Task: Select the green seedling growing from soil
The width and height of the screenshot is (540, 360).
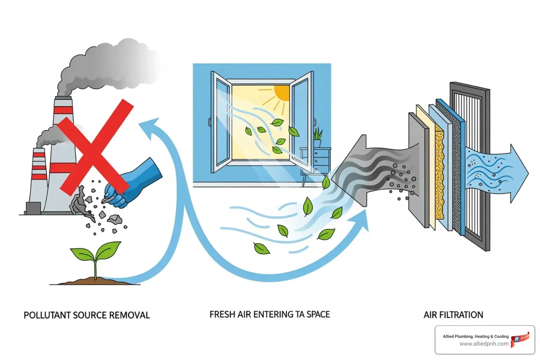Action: pyautogui.click(x=96, y=255)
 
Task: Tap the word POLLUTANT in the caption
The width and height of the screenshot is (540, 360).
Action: pyautogui.click(x=47, y=315)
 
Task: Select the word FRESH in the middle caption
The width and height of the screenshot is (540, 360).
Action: pyautogui.click(x=222, y=314)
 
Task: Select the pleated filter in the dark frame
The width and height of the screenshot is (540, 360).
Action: pyautogui.click(x=469, y=165)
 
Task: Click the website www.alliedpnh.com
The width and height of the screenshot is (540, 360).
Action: pyautogui.click(x=484, y=344)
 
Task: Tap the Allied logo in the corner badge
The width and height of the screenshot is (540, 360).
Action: pyautogui.click(x=520, y=339)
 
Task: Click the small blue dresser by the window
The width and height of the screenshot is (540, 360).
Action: pyautogui.click(x=315, y=160)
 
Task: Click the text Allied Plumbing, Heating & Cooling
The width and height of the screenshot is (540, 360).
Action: pyautogui.click(x=475, y=336)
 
